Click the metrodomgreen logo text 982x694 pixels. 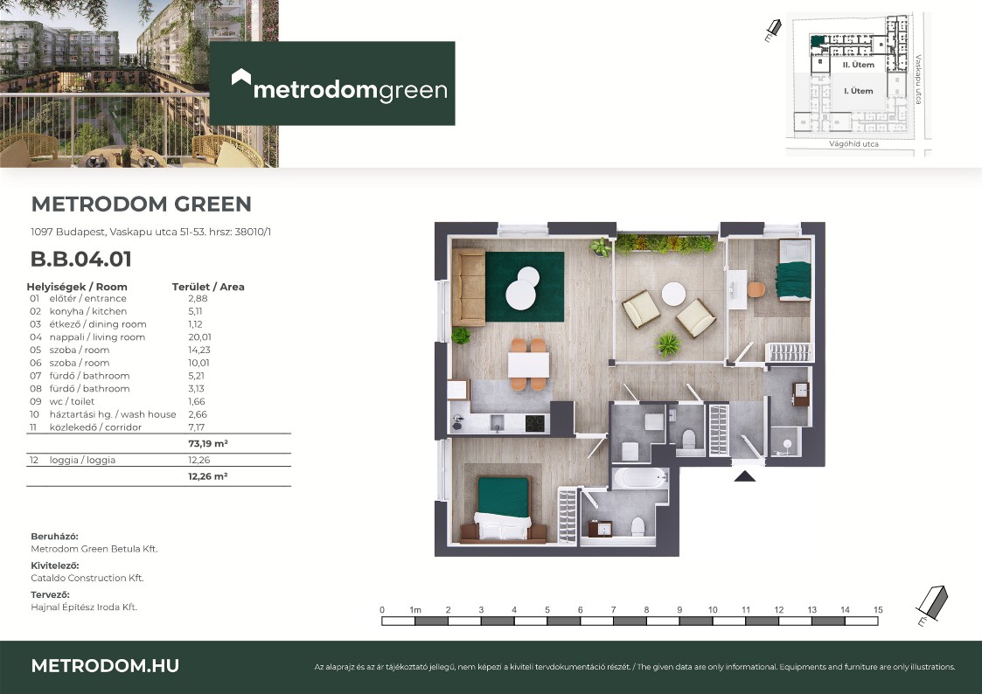coord(350,89)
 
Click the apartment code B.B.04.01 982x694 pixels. coord(80,259)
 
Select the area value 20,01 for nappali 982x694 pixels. coord(199,337)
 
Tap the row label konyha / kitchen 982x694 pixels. coord(87,311)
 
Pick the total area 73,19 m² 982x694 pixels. coord(208,444)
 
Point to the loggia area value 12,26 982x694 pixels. coord(199,460)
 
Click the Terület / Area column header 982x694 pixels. coord(208,287)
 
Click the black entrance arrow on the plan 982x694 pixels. coord(745,476)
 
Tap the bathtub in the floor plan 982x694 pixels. coord(639,479)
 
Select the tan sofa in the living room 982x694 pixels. coord(468,288)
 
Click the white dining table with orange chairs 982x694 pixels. coord(528,364)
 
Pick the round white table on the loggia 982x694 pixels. coord(673,295)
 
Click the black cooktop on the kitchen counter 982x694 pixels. coord(535,424)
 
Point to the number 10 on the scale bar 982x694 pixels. coord(713,609)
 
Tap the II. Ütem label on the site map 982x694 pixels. coord(858,65)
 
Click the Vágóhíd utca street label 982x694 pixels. coord(853,144)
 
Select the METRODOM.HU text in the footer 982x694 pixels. coord(105,666)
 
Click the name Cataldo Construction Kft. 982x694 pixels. coord(87,578)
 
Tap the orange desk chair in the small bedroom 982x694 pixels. coord(756,289)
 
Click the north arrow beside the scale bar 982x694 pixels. coord(932,605)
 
